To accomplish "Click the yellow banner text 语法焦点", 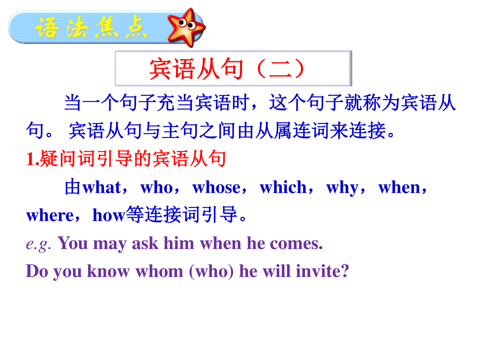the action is (91, 28).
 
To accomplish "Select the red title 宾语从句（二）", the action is (227, 69).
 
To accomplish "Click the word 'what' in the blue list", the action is (102, 187).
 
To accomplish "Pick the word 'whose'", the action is (216, 187).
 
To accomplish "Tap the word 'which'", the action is (283, 187).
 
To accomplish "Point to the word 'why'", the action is (342, 188).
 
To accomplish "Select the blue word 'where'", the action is (50, 215).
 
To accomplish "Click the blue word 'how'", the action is (109, 215).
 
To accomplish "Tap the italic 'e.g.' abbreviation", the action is (38, 244).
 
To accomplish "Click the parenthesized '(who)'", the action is (211, 272).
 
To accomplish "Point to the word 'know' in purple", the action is (108, 271).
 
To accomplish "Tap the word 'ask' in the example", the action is (145, 243).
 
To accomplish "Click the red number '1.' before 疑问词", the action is (33, 158).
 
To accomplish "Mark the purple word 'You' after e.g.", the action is (73, 243).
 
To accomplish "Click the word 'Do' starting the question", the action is (37, 271).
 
